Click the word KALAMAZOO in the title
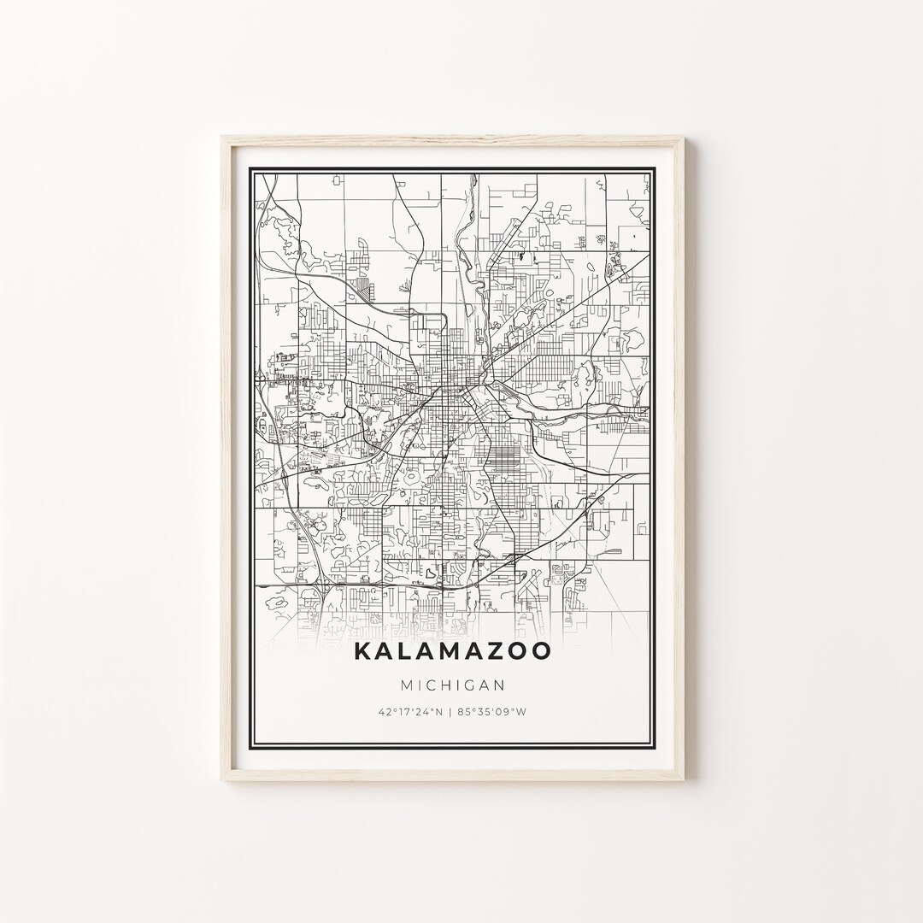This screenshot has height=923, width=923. [452, 651]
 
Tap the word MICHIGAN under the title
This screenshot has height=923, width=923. [452, 685]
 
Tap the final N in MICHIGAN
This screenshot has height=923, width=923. [499, 685]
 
